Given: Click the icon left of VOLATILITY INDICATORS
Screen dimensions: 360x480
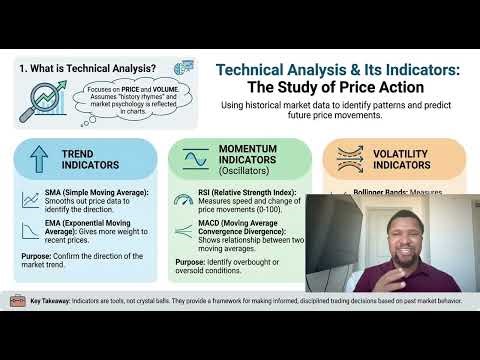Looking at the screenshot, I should tap(345, 159).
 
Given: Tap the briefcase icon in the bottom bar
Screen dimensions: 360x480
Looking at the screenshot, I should tap(17, 327).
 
